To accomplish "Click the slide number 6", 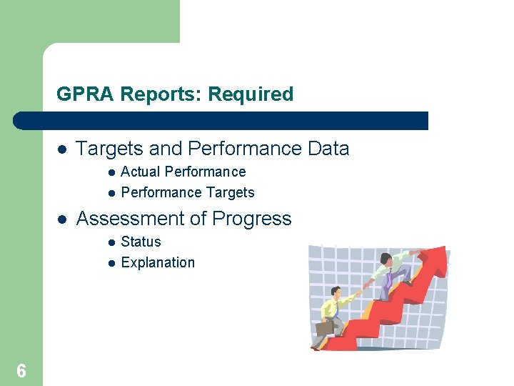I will coord(21,370).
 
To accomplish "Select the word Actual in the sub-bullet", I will coord(140,172).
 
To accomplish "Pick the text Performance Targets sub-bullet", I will coord(188,193).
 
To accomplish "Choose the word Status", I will coord(141,242).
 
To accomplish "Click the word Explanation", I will coord(158,263).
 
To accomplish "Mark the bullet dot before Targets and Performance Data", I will coord(62,149).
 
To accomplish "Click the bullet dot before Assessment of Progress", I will coord(62,219).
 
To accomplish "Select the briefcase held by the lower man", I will coord(324,328).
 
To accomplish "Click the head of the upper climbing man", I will coord(386,259).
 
